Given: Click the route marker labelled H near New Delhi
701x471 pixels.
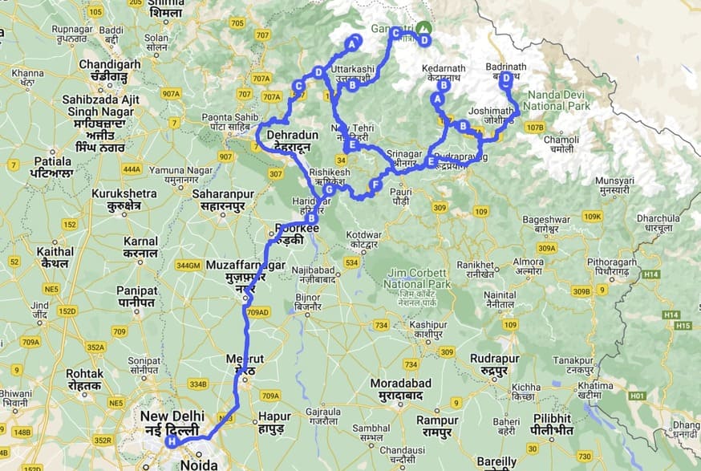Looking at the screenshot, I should click(171, 441).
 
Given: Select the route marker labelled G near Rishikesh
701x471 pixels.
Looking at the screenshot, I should click(328, 190).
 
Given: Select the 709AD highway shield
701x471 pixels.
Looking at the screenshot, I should click(257, 312).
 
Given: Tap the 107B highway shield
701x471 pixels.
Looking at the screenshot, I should click(533, 127).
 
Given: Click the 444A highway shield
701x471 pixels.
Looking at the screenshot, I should click(132, 169).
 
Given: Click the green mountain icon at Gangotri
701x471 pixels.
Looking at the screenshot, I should click(423, 26).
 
